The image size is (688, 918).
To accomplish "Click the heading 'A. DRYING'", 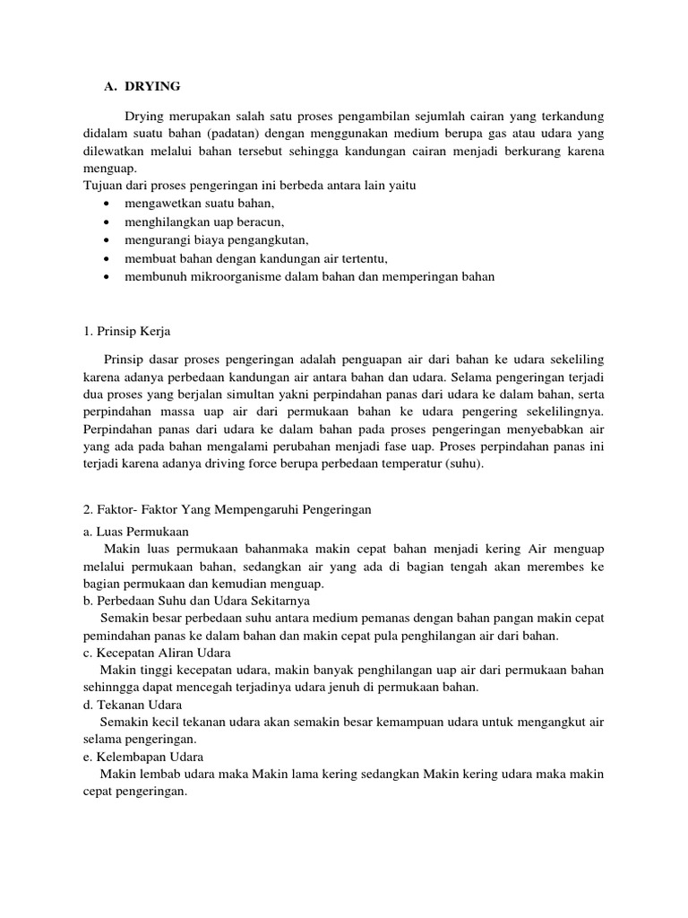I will [x=142, y=86].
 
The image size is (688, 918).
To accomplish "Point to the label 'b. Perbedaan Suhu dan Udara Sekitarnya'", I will [x=195, y=601].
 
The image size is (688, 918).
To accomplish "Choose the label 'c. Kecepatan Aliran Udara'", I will [x=156, y=652].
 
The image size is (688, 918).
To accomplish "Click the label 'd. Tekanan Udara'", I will [x=132, y=704].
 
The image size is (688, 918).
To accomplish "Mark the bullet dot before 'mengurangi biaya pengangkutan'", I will [x=107, y=240].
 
